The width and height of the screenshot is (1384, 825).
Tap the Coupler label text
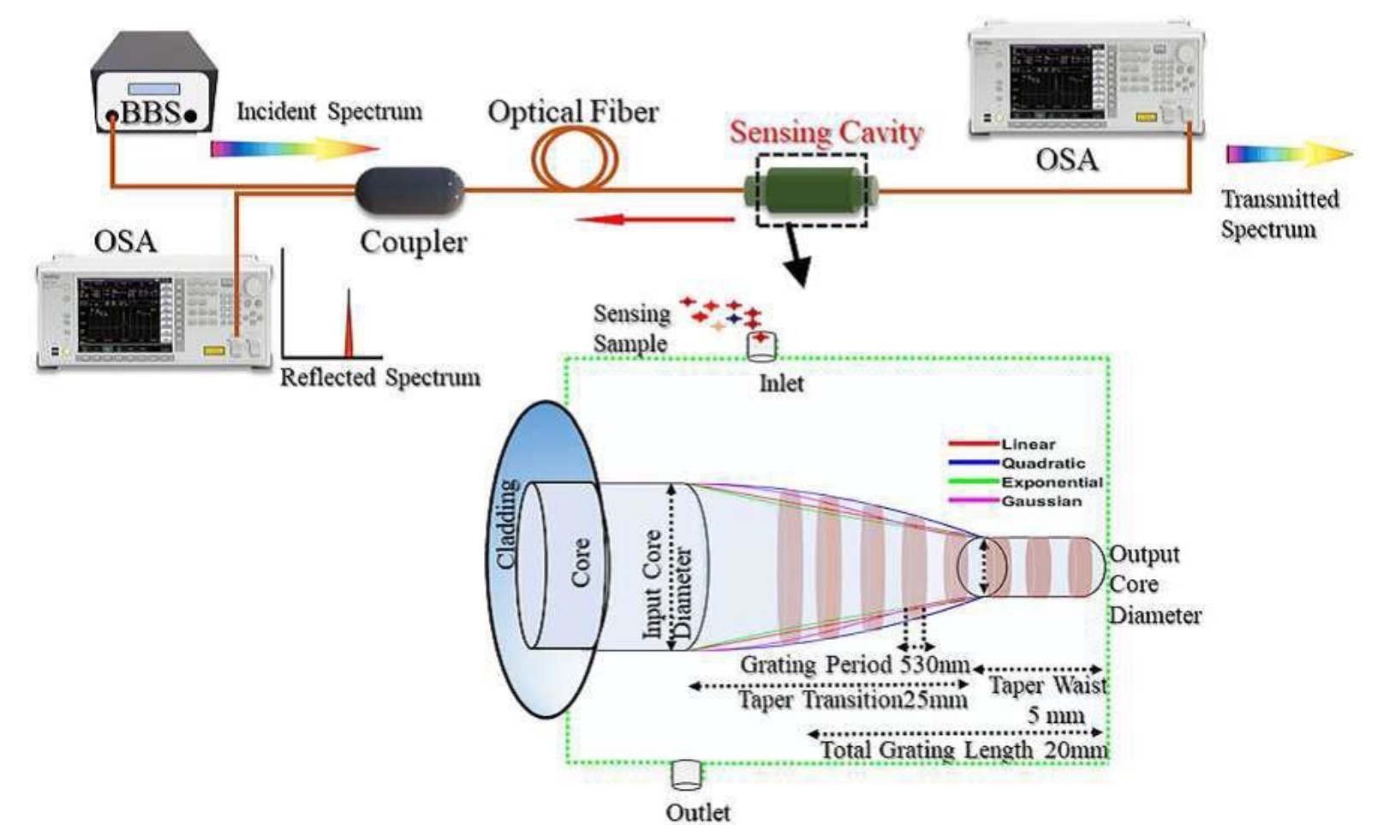(413, 242)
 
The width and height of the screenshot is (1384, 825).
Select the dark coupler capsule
(409, 190)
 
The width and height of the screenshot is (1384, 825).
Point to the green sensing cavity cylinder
(811, 190)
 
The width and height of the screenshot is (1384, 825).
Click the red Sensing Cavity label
(826, 133)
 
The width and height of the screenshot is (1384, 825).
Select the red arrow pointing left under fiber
(655, 220)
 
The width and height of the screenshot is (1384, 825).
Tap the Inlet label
(781, 384)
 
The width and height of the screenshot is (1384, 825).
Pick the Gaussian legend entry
(1041, 501)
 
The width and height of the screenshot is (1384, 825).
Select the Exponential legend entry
(1052, 482)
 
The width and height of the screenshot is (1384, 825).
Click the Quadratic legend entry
(1043, 463)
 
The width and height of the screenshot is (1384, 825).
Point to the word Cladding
(507, 524)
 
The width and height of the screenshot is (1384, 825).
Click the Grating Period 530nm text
(854, 665)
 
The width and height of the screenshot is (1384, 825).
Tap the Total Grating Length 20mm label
(963, 750)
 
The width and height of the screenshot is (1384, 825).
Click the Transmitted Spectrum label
(1280, 214)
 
